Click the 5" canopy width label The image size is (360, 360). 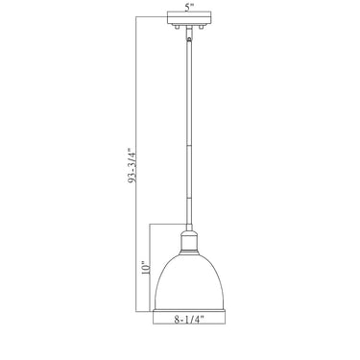click(190, 8)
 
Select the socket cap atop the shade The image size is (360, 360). click(190, 239)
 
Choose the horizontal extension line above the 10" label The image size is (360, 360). click(165, 226)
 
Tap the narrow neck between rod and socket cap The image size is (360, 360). click(190, 228)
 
